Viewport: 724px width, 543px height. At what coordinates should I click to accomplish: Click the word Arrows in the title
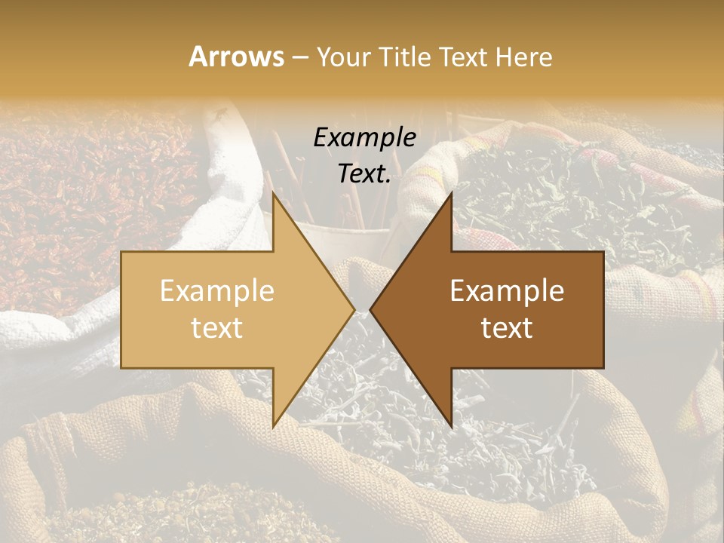click(236, 57)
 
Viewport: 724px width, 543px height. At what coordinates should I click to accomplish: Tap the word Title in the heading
click(407, 57)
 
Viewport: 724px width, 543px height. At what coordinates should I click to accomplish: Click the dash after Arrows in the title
click(299, 57)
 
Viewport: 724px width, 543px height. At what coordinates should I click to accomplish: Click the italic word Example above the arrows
click(365, 137)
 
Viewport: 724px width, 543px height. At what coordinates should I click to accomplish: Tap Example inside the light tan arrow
click(217, 291)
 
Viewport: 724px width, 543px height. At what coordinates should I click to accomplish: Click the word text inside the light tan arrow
click(217, 328)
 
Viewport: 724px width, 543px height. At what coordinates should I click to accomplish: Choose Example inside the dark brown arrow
click(507, 291)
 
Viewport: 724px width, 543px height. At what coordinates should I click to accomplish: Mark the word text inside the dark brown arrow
click(507, 328)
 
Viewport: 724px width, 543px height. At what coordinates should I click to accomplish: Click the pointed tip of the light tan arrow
click(354, 309)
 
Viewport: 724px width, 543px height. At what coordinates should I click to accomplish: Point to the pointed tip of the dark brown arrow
click(371, 309)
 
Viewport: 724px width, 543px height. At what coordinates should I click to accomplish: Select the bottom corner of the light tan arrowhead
click(273, 426)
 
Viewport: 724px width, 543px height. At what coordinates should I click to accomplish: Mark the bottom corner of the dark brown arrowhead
click(451, 426)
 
